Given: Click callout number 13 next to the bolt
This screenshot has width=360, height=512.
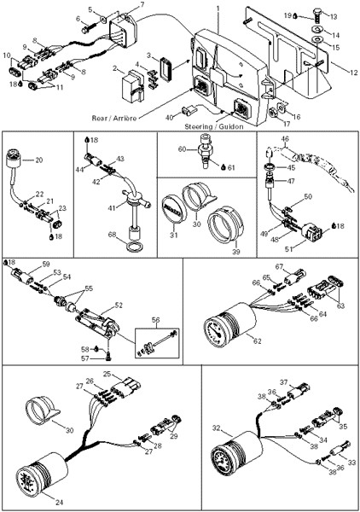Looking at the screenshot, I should click(x=334, y=16).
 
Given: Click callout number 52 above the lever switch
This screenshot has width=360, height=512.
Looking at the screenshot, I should click(x=118, y=305).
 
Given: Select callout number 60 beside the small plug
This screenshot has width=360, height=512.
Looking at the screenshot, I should click(x=181, y=149).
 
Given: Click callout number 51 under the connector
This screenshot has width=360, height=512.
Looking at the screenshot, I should click(x=289, y=249).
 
